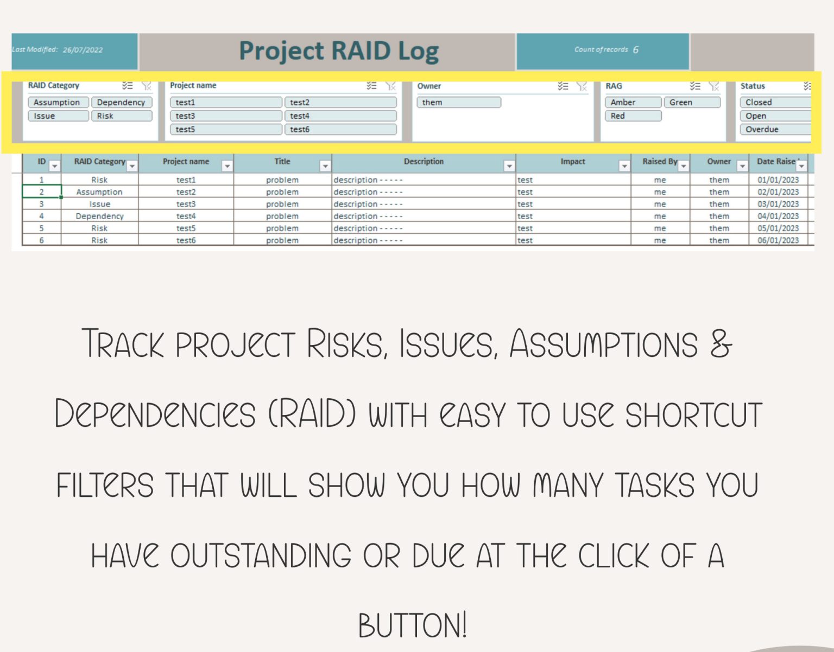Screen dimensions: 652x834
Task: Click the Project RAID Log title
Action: tap(339, 51)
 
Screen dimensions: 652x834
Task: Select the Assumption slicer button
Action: tap(58, 102)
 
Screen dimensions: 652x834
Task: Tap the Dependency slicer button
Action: tap(121, 102)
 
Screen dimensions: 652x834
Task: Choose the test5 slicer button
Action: tap(226, 129)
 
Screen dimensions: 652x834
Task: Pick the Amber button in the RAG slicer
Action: tap(633, 102)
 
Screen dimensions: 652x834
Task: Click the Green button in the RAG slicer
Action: tap(691, 102)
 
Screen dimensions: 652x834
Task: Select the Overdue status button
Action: tap(774, 129)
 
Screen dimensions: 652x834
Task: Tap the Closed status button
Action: tap(774, 102)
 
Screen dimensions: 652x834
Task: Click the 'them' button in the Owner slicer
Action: tap(458, 102)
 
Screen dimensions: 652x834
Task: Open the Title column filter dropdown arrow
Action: tap(325, 166)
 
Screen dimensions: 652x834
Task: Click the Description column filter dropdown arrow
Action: tap(509, 166)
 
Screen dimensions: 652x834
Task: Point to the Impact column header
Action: tap(572, 162)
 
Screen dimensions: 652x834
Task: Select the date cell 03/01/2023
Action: tap(778, 204)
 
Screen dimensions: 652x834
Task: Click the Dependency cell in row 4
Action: tap(99, 216)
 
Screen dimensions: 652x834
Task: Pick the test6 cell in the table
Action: tap(186, 240)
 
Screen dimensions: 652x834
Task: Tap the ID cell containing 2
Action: tap(41, 192)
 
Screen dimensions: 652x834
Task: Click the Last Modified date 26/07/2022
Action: tap(83, 50)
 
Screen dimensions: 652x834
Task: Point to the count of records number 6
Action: tap(635, 49)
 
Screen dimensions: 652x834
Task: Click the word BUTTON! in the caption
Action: tap(412, 625)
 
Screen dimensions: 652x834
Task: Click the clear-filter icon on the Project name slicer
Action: tap(390, 86)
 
